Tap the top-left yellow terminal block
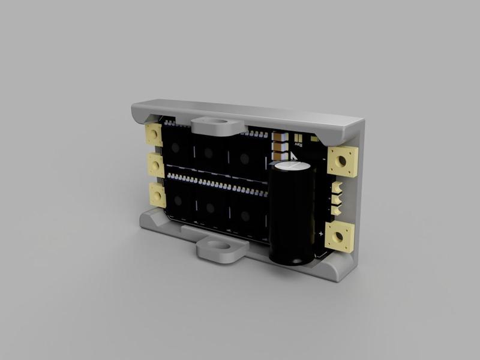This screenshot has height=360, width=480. (154, 133)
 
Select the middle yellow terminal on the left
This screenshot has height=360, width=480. (155, 163)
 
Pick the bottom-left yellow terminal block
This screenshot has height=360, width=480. (157, 195)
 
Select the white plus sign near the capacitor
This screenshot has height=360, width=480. (321, 233)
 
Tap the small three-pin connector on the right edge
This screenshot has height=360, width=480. (337, 198)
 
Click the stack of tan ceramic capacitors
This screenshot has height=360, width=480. (279, 143)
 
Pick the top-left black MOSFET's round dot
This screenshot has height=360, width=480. (175, 148)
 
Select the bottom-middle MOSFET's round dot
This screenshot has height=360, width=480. (210, 208)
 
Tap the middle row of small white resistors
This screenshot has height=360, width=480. (216, 183)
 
